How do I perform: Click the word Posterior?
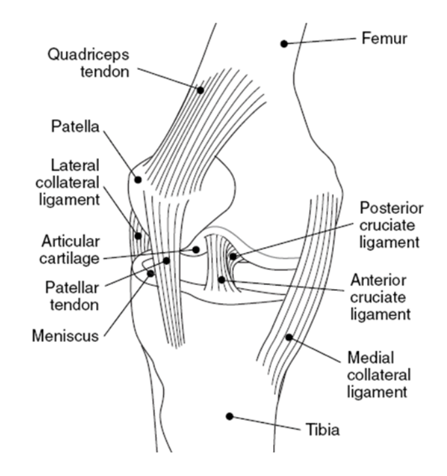tap(391, 209)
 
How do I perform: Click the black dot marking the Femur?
tap(284, 44)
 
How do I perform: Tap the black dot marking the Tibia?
tap(229, 416)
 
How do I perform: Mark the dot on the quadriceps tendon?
tap(201, 90)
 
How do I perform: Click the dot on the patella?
tap(139, 178)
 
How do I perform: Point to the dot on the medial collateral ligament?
tap(288, 337)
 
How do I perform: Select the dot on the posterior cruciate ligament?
tap(233, 256)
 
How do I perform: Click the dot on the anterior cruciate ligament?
tap(222, 280)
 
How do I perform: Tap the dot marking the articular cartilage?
tap(195, 250)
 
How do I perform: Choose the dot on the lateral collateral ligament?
tap(138, 235)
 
